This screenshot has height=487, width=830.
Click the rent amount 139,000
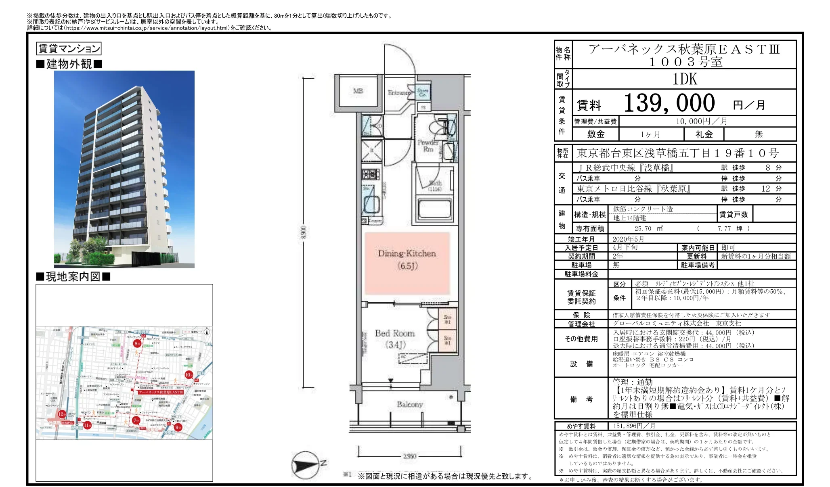[x=669, y=103]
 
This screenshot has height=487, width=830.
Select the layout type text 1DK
[x=685, y=79]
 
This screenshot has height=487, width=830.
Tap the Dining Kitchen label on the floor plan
[x=407, y=259]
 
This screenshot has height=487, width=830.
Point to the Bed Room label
[x=394, y=338]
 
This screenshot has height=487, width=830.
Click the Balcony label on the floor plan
[x=409, y=404]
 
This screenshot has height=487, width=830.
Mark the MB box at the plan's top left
[x=358, y=91]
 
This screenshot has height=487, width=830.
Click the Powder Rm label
[x=428, y=146]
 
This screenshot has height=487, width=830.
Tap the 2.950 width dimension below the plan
[x=409, y=456]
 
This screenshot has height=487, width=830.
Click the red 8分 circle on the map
[x=137, y=344]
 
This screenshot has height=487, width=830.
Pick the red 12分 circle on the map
[x=62, y=414]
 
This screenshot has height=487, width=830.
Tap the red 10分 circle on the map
[x=189, y=375]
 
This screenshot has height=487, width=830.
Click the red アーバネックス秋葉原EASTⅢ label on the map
[x=161, y=392]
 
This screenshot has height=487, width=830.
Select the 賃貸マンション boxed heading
[x=69, y=49]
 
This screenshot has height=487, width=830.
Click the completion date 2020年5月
[x=628, y=239]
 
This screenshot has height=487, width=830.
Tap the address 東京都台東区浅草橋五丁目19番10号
[x=677, y=153]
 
